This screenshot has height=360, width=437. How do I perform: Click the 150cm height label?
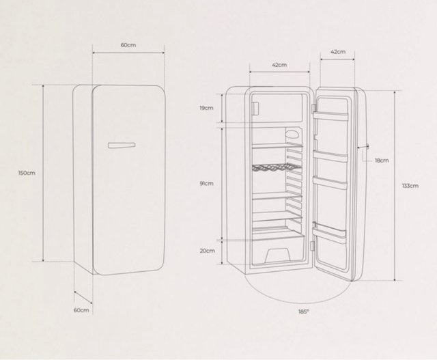coord(27,173)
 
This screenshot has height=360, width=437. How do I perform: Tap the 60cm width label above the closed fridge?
coord(128,45)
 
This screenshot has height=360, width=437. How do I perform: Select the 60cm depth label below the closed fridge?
coord(81,310)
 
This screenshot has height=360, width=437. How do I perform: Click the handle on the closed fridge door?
coord(122,145)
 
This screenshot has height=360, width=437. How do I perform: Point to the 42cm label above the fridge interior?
coord(279,65)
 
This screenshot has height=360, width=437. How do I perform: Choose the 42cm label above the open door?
coord(338,52)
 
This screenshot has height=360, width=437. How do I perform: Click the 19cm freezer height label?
coord(206,108)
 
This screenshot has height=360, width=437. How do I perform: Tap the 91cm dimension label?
coord(206,184)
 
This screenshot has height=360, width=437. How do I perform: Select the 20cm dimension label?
coord(208,251)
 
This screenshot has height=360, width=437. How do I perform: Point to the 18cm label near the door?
coord(382,161)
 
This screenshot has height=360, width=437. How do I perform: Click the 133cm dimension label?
coord(410,186)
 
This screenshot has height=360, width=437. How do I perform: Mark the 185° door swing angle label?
coord(304,311)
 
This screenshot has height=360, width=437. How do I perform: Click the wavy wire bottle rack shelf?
coord(277,167)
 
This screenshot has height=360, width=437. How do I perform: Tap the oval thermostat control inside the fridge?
coord(292,133)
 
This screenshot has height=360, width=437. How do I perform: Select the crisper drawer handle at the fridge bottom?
coord(276,255)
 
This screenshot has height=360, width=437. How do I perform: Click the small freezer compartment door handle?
coord(255,108)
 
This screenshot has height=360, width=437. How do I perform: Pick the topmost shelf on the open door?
coord(330,115)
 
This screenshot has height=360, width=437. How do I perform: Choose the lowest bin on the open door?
coord(329,231)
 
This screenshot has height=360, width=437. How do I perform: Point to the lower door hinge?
coord(313,246)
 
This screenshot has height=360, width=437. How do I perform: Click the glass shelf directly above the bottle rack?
coord(277,146)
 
